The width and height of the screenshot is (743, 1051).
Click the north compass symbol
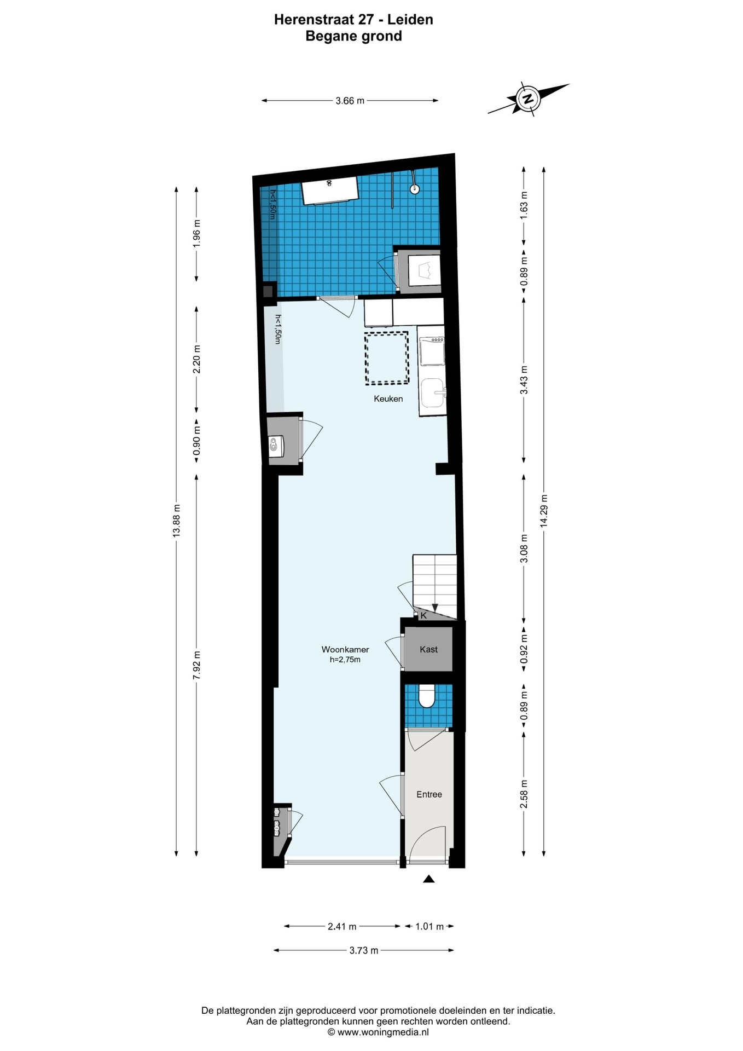tap(529, 99)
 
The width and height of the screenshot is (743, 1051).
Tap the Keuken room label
tap(388, 399)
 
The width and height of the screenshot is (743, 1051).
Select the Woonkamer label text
tap(345, 650)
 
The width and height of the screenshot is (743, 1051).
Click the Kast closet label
tap(428, 649)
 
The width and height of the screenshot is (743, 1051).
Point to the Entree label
tap(429, 794)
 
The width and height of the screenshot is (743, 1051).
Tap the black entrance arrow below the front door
tap(429, 879)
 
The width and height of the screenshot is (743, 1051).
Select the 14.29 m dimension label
tap(544, 511)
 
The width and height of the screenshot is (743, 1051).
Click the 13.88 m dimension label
tap(176, 521)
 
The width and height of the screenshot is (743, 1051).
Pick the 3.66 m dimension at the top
tap(350, 101)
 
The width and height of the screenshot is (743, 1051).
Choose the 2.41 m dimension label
tap(342, 927)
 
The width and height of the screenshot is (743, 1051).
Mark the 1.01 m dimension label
tap(429, 927)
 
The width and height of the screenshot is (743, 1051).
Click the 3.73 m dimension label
tap(364, 950)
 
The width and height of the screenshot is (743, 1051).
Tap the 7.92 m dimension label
tap(196, 665)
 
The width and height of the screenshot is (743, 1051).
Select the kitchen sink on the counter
tap(433, 393)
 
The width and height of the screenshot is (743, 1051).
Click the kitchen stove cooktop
tap(432, 351)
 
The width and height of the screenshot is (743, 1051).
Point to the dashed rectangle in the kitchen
tap(387, 357)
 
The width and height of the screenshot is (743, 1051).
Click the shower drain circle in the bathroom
tap(415, 189)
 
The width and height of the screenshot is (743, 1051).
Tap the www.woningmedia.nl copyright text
tap(378, 1032)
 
